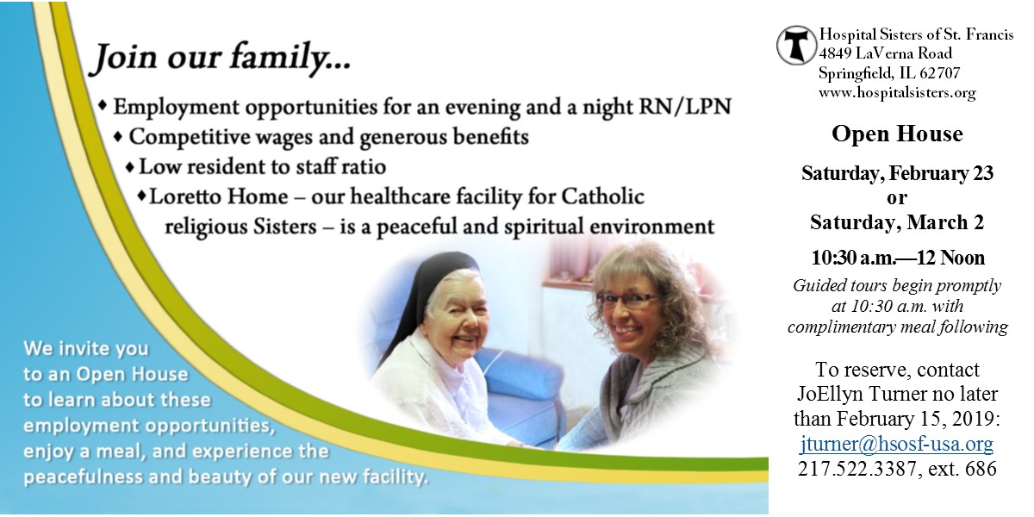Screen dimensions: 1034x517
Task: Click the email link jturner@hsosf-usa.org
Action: pos(896,443)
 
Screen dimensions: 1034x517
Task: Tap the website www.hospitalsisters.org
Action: pos(897,92)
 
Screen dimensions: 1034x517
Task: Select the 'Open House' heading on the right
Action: pos(897,134)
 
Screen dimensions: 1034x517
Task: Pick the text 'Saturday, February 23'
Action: pos(897,173)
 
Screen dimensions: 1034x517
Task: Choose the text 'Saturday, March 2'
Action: pos(897,222)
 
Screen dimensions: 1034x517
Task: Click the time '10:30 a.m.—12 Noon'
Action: pos(898,258)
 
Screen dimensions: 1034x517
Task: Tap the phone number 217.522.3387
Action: pos(856,468)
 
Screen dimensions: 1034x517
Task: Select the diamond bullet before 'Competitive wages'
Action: pos(119,137)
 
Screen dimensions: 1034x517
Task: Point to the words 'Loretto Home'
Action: pos(219,196)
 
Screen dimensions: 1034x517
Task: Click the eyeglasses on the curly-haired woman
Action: pos(629,299)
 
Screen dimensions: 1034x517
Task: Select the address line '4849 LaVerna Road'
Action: pos(886,53)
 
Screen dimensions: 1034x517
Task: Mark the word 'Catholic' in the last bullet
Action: pos(602,196)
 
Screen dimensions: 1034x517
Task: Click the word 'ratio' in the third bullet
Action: pos(364,166)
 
